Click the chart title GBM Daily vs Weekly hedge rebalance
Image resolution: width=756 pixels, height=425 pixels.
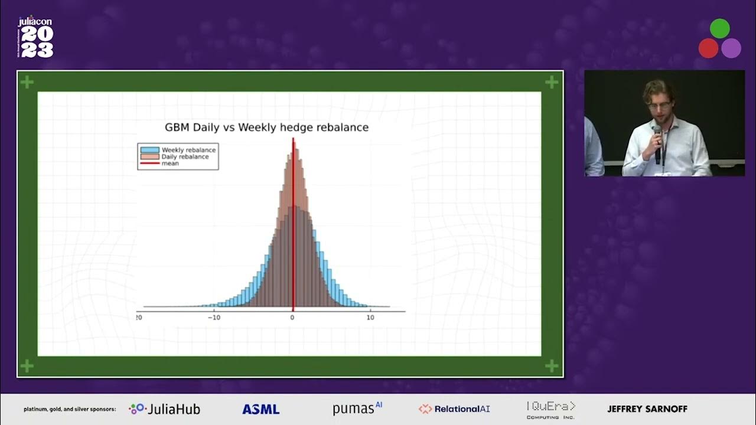pos(266,127)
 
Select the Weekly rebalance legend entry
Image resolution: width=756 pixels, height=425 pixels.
pos(188,150)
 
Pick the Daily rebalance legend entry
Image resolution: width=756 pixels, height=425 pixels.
pos(185,157)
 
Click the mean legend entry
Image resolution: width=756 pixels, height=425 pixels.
pos(170,164)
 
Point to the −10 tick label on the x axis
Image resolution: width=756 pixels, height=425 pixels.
pos(214,318)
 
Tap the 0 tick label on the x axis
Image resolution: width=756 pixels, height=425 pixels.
pos(292,318)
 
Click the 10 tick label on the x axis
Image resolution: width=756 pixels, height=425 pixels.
pos(370,318)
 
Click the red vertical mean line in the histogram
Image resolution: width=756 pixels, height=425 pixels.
pos(293,236)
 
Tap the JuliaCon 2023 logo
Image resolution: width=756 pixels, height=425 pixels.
pos(35,38)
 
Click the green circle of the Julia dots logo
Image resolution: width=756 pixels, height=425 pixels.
pos(719,28)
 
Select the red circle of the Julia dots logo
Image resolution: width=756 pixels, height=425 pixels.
pos(708,48)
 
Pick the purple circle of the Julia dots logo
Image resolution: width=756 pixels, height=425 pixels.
pos(731,48)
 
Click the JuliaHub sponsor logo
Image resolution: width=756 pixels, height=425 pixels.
pos(165,409)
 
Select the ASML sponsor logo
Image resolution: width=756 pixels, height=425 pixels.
pos(260,409)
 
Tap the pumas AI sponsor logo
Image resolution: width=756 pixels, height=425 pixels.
pos(357,408)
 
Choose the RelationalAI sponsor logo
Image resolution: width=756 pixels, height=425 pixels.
pos(454,409)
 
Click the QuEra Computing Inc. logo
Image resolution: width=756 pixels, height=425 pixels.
pos(550,409)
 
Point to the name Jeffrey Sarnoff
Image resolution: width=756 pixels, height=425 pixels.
pos(647,409)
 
